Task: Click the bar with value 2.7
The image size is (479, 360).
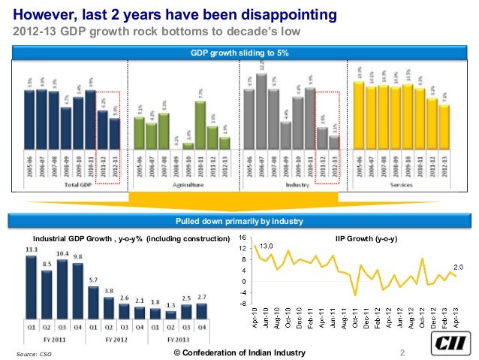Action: [202, 312]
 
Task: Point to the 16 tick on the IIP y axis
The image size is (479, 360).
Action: [241, 237]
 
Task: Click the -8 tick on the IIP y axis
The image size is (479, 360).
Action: [241, 304]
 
